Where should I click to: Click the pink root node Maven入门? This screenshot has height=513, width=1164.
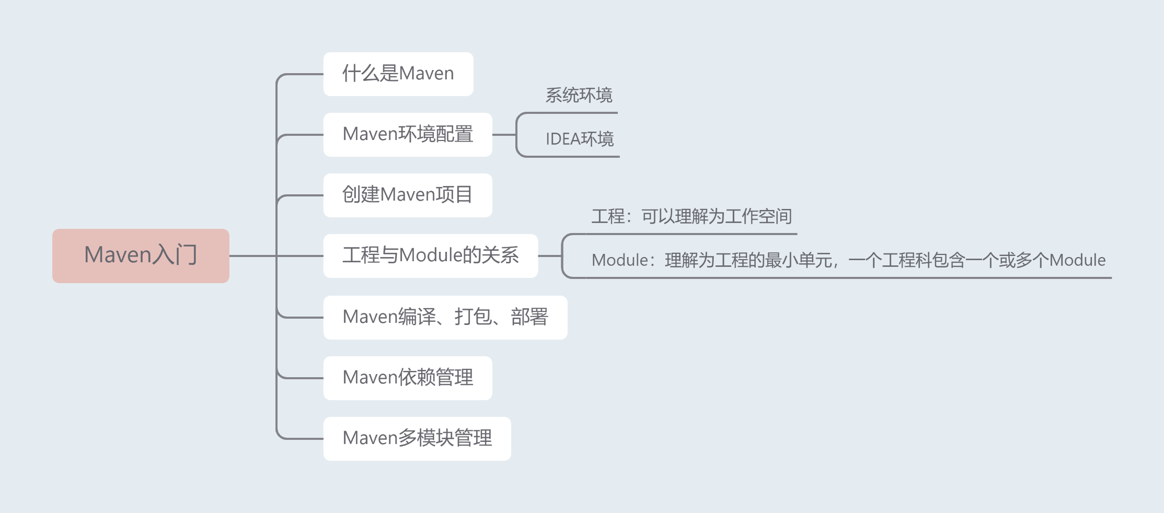141,255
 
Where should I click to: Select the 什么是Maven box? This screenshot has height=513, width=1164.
398,74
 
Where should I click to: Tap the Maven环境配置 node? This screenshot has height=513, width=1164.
407,134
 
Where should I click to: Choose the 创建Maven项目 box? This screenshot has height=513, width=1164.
407,195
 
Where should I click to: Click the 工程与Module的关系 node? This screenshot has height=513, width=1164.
430,255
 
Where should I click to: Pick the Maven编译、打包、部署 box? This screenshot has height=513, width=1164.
445,317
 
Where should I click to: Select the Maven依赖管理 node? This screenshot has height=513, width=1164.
407,378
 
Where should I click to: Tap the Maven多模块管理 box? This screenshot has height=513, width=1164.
417,438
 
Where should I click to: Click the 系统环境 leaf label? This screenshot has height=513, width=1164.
579,96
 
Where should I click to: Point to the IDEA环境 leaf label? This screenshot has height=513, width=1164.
580,139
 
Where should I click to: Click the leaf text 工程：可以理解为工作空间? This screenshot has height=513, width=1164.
692,216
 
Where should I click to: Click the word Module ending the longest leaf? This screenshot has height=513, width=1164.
1077,260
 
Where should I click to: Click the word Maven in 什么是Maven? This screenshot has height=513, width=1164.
427,74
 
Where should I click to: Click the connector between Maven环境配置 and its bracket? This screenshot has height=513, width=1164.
504,135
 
